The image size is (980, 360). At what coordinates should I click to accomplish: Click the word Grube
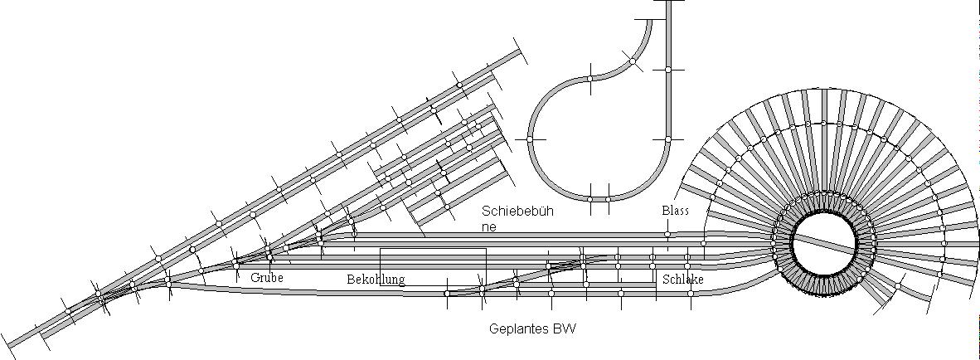(x=266, y=279)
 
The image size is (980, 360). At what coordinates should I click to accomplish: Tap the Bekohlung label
(x=376, y=280)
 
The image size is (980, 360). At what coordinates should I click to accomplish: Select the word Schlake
(x=682, y=280)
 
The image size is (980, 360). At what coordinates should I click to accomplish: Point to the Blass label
(x=675, y=212)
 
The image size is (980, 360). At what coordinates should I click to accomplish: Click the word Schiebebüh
(x=518, y=212)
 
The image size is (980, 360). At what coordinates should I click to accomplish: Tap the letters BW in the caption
(x=566, y=329)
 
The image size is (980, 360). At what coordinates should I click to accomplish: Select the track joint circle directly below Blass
(x=667, y=235)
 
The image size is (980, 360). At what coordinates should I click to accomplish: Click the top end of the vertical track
(x=667, y=2)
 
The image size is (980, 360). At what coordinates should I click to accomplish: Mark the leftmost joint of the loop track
(x=530, y=139)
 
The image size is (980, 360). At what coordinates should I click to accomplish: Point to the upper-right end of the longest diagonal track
(x=521, y=51)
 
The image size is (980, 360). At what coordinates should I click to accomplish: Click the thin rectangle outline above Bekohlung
(x=432, y=249)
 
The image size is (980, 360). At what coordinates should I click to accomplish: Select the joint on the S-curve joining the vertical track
(x=633, y=61)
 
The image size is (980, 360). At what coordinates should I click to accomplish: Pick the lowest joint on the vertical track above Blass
(x=667, y=139)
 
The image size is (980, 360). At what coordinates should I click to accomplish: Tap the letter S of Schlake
(x=666, y=280)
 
